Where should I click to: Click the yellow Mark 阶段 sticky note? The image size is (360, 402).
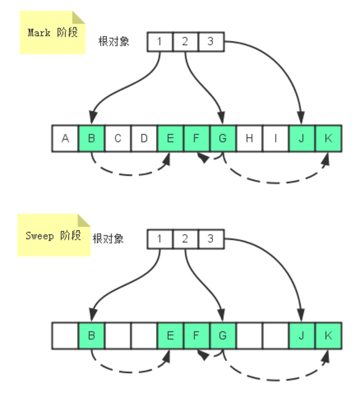pyautogui.click(x=52, y=33)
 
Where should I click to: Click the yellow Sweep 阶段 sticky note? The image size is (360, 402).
pyautogui.click(x=53, y=236)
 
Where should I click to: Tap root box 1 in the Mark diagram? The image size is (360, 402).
pyautogui.click(x=160, y=42)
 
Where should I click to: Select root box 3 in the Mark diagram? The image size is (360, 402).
pyautogui.click(x=211, y=42)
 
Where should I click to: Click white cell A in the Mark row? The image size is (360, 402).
pyautogui.click(x=65, y=139)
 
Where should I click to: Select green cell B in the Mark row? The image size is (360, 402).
pyautogui.click(x=92, y=139)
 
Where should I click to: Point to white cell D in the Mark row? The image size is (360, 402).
pyautogui.click(x=144, y=139)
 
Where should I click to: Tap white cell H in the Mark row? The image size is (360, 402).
pyautogui.click(x=249, y=139)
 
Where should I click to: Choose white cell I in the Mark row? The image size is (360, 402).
pyautogui.click(x=276, y=139)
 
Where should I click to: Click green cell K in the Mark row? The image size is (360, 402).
pyautogui.click(x=328, y=139)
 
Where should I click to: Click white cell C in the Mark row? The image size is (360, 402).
pyautogui.click(x=118, y=139)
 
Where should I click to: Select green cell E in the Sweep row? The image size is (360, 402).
pyautogui.click(x=171, y=336)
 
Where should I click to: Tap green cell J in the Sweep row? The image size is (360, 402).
pyautogui.click(x=302, y=336)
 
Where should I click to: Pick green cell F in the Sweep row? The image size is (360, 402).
pyautogui.click(x=197, y=336)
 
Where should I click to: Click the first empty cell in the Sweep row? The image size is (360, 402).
pyautogui.click(x=65, y=336)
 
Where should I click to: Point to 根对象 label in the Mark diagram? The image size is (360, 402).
pyautogui.click(x=114, y=42)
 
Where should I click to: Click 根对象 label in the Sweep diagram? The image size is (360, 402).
pyautogui.click(x=108, y=239)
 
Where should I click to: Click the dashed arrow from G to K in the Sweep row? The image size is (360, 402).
pyautogui.click(x=275, y=379)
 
